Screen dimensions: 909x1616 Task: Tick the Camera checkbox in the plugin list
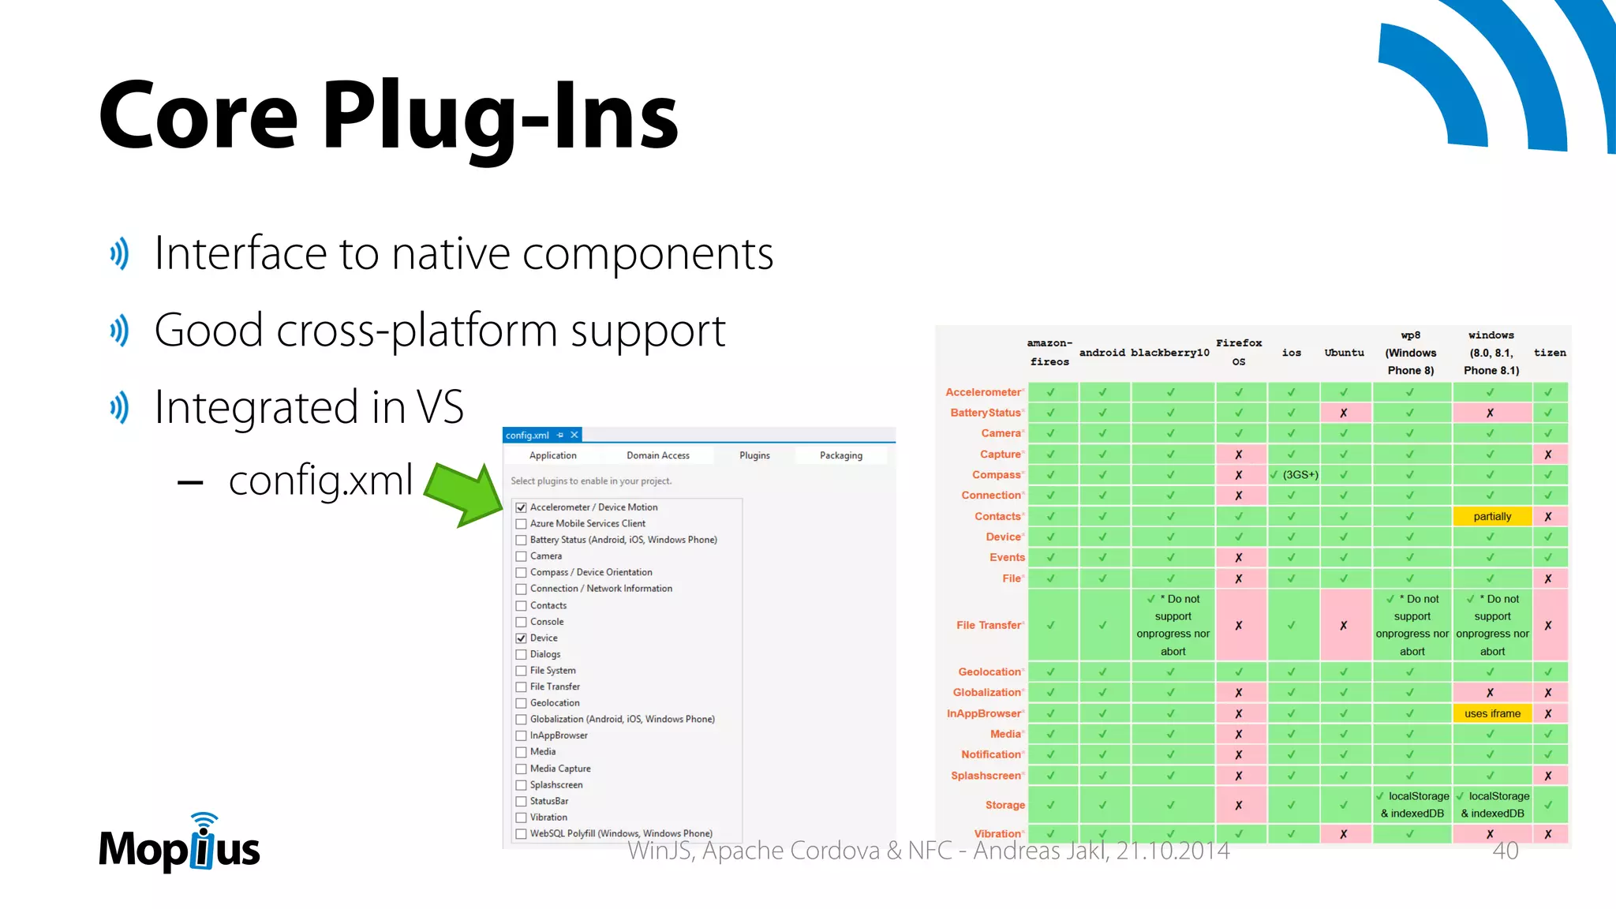(521, 556)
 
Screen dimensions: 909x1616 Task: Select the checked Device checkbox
(521, 638)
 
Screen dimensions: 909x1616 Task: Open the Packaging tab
(840, 455)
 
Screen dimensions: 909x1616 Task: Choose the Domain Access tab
(657, 455)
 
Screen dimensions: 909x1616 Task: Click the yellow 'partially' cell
(1491, 516)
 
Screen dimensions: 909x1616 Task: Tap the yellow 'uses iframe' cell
(1491, 713)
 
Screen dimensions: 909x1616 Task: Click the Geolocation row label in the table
(989, 671)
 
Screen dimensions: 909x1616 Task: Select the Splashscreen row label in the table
(986, 776)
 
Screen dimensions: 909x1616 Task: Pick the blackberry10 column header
(1169, 353)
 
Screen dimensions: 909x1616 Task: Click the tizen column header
(1549, 353)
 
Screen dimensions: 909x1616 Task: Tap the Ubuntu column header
(1344, 353)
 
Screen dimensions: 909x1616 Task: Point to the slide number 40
(1505, 851)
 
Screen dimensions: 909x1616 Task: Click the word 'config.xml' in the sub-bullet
(320, 480)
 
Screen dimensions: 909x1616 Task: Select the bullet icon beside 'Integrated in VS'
(119, 407)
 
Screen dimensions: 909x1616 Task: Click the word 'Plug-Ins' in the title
(500, 117)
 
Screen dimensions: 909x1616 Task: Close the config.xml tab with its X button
(574, 435)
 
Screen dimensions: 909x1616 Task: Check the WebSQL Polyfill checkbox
(521, 834)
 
